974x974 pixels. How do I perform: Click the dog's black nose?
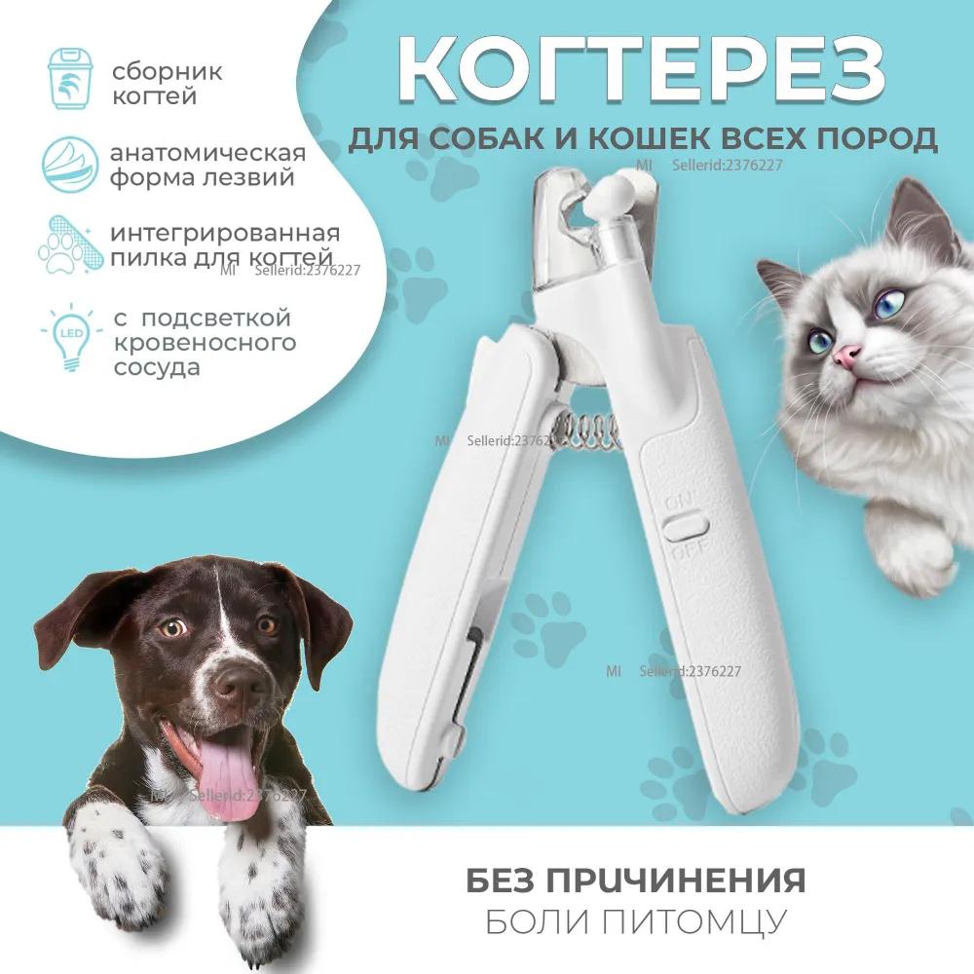coord(240,682)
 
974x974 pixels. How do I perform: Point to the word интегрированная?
coord(225,235)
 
